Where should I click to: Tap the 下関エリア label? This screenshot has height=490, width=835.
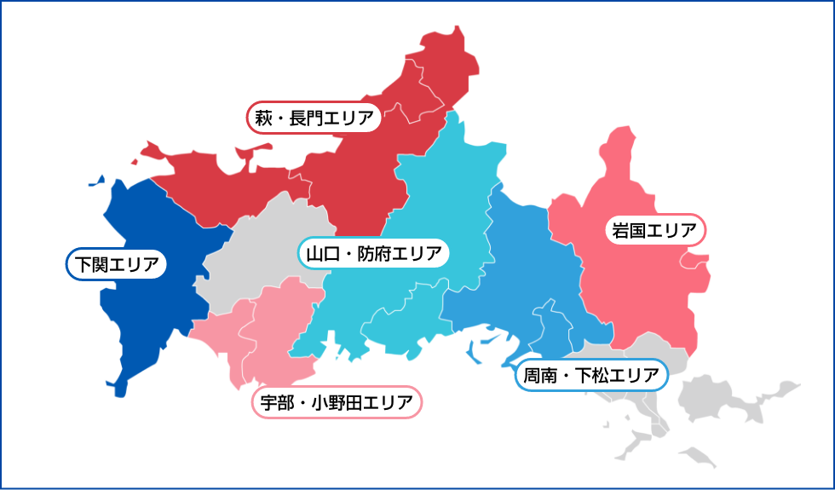(x=116, y=263)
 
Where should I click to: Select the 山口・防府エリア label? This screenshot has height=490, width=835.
(x=374, y=253)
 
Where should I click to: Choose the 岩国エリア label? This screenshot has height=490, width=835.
(x=655, y=229)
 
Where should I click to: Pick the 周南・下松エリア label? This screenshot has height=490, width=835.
(x=590, y=375)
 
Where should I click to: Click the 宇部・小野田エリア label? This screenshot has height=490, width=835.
(x=337, y=402)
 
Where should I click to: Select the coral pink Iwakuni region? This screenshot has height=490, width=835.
(x=639, y=290)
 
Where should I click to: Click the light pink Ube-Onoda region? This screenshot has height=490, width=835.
(x=273, y=341)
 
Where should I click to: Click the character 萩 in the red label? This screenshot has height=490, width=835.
(x=263, y=118)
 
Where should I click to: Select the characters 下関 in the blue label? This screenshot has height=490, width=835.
(x=89, y=263)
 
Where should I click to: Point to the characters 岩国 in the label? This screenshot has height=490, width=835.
(x=629, y=229)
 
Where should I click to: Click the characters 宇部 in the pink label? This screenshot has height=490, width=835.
(x=277, y=402)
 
